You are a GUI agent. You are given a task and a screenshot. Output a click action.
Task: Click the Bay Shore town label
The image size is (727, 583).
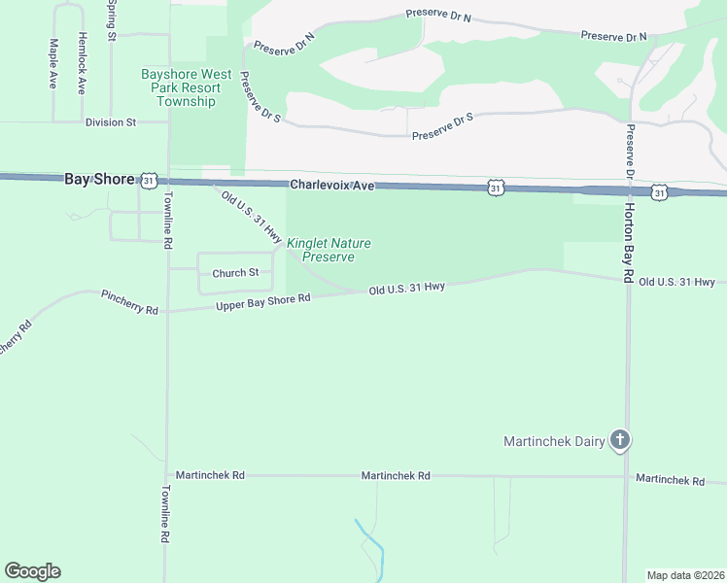tap(99, 179)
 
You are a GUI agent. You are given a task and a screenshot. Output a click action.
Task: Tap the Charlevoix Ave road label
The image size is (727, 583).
tap(331, 184)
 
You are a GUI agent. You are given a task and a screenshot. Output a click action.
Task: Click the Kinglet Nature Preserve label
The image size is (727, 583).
tap(328, 250)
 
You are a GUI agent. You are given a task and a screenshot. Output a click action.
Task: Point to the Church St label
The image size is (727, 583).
tap(235, 273)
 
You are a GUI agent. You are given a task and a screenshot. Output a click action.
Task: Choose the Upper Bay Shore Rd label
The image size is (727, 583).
tap(261, 302)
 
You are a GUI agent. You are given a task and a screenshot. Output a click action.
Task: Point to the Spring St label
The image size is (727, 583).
tap(113, 19)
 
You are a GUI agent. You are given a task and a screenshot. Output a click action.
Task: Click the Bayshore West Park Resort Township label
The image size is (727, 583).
tap(186, 87)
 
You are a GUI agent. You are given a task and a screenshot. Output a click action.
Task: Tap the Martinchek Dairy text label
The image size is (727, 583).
tap(553, 441)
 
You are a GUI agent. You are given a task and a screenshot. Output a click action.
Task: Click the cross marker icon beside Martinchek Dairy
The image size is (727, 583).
tap(620, 441)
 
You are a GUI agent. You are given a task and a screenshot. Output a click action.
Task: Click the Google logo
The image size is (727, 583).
tap(32, 571)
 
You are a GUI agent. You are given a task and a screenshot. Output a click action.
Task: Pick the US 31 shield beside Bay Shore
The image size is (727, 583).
tap(148, 181)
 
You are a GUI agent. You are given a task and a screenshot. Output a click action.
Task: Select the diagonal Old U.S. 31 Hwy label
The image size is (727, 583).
tap(252, 217)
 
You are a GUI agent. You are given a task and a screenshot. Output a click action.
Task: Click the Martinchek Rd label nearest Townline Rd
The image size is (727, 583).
tap(210, 475)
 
